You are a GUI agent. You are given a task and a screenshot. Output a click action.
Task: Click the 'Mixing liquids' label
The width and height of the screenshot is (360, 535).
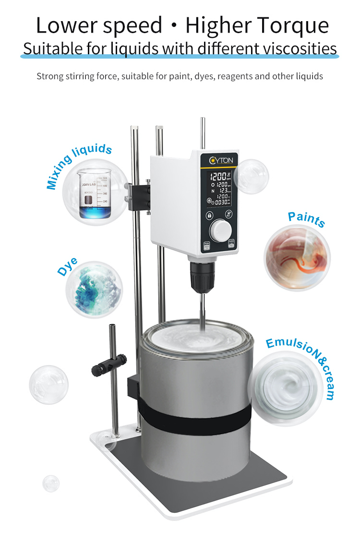[79, 166]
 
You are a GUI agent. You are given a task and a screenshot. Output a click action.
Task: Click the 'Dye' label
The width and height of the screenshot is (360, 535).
[68, 267]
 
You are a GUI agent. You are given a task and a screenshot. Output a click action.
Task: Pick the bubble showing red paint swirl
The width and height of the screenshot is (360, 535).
[297, 257]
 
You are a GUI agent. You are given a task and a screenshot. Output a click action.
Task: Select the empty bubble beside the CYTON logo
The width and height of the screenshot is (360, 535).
[252, 176]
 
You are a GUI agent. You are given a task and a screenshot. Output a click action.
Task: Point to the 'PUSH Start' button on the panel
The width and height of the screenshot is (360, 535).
[232, 244]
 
